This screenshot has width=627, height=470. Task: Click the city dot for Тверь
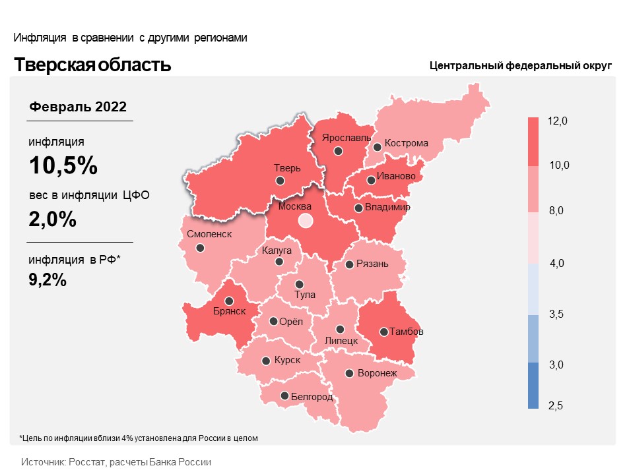pos(280,181)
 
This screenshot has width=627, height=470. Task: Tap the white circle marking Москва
pos(305,221)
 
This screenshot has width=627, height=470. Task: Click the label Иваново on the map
pos(395,177)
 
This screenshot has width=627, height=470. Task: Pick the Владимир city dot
pos(358,208)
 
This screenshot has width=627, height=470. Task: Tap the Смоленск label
pos(209,234)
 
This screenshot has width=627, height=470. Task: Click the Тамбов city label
pos(407,332)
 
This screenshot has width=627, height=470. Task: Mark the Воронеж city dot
pos(349,373)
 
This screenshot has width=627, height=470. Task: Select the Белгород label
pos(312,396)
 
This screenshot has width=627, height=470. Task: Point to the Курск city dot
pos(265,361)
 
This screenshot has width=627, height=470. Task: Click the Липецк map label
pos(341,341)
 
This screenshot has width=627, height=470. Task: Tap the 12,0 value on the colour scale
pos(558,121)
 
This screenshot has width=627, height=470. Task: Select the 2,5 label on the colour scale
pos(555,405)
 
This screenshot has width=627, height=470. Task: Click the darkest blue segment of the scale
pos(534,386)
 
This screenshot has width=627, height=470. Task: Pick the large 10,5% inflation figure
pos(63,165)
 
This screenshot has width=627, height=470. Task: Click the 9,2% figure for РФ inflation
pos(48,279)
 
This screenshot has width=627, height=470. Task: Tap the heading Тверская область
pos(92,65)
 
